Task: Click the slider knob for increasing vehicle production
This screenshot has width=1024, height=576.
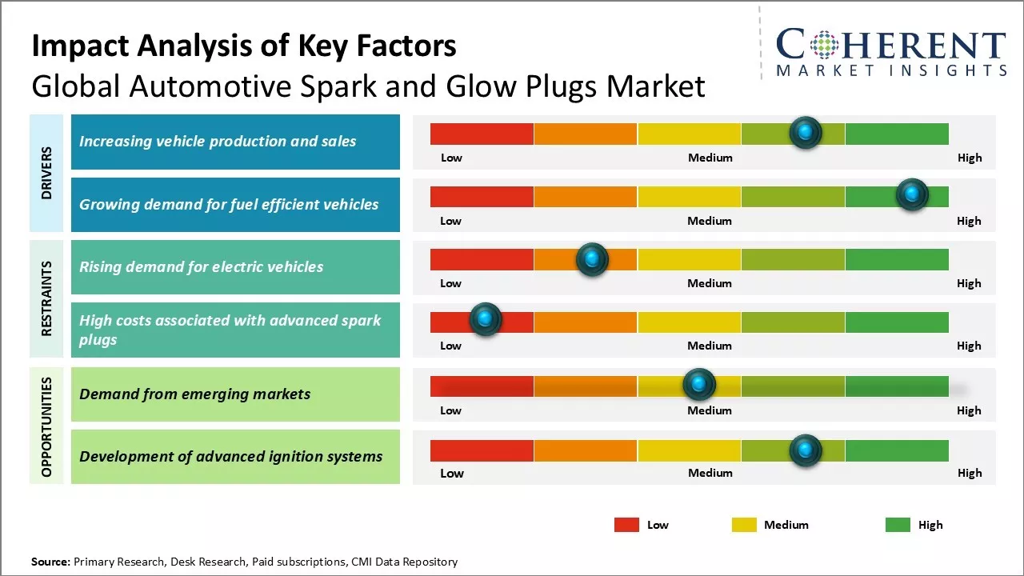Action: (806, 132)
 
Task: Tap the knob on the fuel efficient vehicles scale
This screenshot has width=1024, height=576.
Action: (911, 195)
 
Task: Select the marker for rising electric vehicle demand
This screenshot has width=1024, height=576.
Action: (592, 258)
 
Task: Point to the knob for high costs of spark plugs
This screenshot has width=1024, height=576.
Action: (485, 319)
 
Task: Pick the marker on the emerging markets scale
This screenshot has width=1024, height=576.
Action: (699, 385)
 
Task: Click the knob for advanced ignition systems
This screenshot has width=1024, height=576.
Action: (806, 450)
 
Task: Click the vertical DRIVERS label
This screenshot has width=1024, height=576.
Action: (46, 173)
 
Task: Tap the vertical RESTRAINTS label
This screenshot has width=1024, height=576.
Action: (46, 298)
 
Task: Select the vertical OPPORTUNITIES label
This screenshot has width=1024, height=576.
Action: (46, 426)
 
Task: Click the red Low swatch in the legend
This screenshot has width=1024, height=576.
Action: (626, 525)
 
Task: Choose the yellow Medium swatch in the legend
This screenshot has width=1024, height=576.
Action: (744, 525)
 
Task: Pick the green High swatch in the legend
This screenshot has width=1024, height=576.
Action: (898, 525)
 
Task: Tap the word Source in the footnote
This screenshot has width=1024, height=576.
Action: (50, 562)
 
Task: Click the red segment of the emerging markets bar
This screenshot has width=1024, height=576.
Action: (482, 386)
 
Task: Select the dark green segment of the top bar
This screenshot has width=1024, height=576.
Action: (896, 134)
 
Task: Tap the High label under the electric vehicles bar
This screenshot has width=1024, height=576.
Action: (969, 283)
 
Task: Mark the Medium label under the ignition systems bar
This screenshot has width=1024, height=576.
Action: (710, 473)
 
